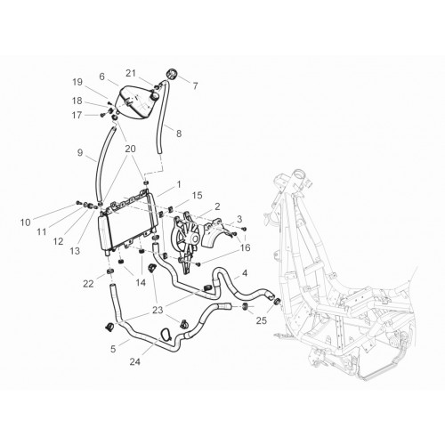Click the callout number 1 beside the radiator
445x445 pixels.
click(x=179, y=184)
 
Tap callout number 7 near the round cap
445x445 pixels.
click(x=195, y=86)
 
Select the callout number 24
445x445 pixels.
click(x=135, y=361)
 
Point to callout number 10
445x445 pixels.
click(x=26, y=222)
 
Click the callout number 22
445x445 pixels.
click(x=88, y=284)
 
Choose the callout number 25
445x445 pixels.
click(x=262, y=320)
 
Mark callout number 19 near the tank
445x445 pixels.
click(x=77, y=82)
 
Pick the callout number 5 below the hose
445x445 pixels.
click(x=113, y=349)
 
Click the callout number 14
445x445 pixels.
click(x=141, y=283)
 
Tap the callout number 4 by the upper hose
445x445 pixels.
click(x=245, y=273)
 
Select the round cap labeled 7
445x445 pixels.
click(x=171, y=74)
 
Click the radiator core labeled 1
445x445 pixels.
click(x=131, y=223)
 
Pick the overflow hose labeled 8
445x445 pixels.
click(x=163, y=118)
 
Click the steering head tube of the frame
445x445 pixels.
click(x=297, y=180)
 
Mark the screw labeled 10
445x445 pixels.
click(x=78, y=203)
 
